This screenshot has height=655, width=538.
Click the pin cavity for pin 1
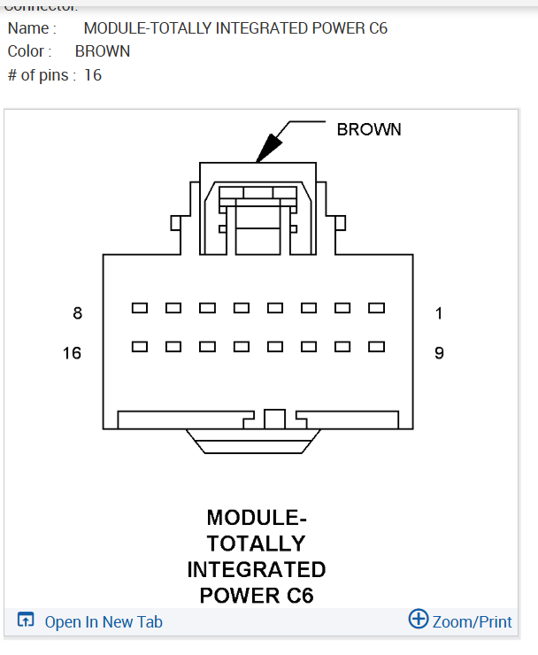(x=377, y=308)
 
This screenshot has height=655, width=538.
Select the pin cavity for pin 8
(x=140, y=308)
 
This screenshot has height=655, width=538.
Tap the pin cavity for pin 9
(x=377, y=346)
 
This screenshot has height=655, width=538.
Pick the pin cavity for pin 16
(x=140, y=346)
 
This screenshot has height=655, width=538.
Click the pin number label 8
(x=78, y=312)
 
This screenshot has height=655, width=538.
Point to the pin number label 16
(x=72, y=353)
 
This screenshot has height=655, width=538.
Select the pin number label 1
(x=439, y=312)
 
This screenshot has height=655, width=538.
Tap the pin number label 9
(x=439, y=353)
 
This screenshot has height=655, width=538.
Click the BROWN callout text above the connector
(x=369, y=129)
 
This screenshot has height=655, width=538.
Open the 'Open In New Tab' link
(x=104, y=622)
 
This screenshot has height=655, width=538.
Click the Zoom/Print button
(x=472, y=621)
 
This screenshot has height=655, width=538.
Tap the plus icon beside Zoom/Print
(x=419, y=619)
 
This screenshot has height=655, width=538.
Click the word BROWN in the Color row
(x=103, y=51)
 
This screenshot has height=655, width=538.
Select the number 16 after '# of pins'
(x=93, y=75)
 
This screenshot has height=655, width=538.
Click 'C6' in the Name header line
(x=376, y=28)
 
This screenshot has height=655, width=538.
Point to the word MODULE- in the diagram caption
(x=257, y=517)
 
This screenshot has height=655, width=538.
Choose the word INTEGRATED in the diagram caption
(x=257, y=569)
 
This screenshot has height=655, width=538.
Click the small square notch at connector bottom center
(x=274, y=419)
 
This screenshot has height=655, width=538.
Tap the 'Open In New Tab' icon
(x=27, y=620)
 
